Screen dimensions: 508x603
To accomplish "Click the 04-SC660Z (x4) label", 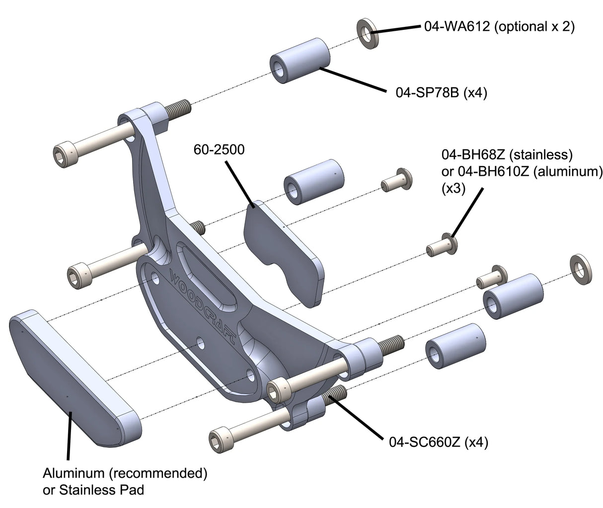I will click(x=437, y=441).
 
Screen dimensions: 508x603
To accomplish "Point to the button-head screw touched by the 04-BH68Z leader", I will click(x=442, y=244).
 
